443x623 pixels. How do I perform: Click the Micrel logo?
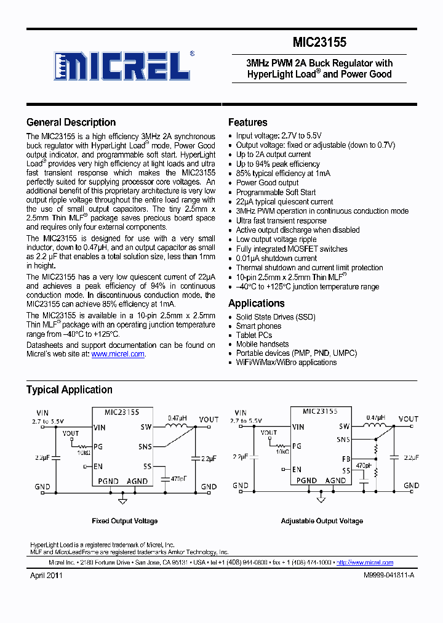pyautogui.click(x=122, y=65)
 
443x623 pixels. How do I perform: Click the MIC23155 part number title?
pyautogui.click(x=320, y=42)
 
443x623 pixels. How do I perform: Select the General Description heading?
pyautogui.click(x=71, y=123)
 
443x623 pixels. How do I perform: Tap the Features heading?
pyautogui.click(x=247, y=123)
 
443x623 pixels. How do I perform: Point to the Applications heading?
pyautogui.click(x=256, y=303)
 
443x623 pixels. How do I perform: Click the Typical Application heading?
pyautogui.click(x=69, y=390)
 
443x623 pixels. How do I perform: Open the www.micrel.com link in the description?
pyautogui.click(x=118, y=354)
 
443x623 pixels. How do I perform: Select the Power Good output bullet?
pyautogui.click(x=267, y=183)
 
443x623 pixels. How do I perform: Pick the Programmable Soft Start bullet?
pyautogui.click(x=276, y=192)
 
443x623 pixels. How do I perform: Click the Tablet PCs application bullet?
pyautogui.click(x=253, y=336)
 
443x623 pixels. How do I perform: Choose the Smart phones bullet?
pyautogui.click(x=258, y=326)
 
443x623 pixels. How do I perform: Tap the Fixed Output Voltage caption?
pyautogui.click(x=124, y=521)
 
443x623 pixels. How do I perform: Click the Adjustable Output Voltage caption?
pyautogui.click(x=322, y=521)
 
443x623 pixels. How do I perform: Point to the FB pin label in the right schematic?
pyautogui.click(x=346, y=459)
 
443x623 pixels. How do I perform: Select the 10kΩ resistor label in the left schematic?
pyautogui.click(x=82, y=452)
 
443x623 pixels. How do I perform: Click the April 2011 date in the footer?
pyautogui.click(x=46, y=576)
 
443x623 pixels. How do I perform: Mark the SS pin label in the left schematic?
pyautogui.click(x=147, y=467)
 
